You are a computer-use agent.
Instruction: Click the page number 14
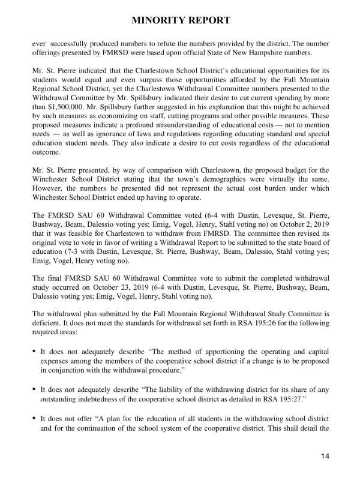[324, 457]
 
